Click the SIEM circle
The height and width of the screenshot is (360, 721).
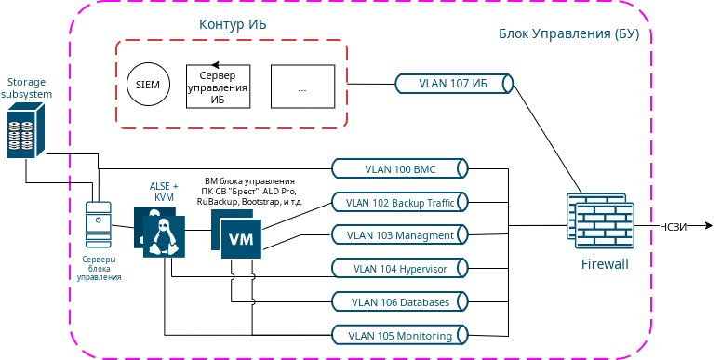(x=148, y=85)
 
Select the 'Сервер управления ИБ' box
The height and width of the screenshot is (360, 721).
(x=218, y=87)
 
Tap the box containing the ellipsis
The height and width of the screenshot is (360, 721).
(x=302, y=87)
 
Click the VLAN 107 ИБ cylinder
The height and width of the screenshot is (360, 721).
(x=454, y=84)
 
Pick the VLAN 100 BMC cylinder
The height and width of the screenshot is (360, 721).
(x=400, y=168)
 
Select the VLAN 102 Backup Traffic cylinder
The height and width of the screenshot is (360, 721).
(x=400, y=202)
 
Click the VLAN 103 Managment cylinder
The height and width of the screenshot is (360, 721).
(x=400, y=235)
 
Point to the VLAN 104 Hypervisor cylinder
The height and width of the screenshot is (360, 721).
(x=400, y=269)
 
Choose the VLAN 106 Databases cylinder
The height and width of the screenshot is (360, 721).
(x=400, y=302)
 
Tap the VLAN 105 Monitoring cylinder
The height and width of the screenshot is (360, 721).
(x=400, y=336)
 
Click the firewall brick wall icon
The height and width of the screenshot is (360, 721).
(x=600, y=220)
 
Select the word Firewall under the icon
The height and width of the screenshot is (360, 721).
(x=605, y=265)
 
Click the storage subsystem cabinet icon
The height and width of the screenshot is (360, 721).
(x=25, y=130)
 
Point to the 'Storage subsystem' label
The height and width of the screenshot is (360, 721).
(x=26, y=88)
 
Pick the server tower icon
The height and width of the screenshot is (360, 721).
(x=98, y=224)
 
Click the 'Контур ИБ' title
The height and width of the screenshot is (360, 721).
(x=233, y=24)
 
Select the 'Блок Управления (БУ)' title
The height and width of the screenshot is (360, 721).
(x=568, y=34)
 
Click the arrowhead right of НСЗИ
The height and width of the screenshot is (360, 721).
(x=707, y=226)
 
